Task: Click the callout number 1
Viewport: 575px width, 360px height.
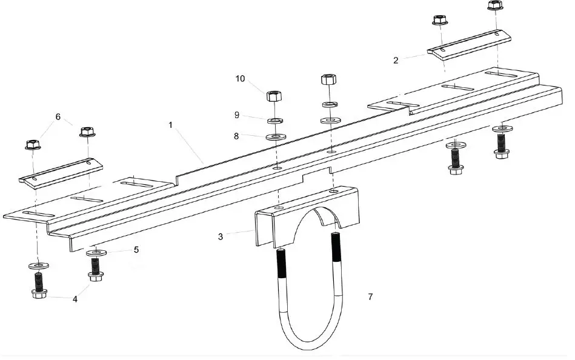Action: [171, 125]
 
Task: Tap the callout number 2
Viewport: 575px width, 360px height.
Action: [396, 60]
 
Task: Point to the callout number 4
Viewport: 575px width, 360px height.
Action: [75, 299]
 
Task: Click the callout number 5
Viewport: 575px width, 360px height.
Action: [136, 249]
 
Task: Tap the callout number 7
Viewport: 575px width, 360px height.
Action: [370, 296]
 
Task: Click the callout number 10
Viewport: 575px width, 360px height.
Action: [241, 79]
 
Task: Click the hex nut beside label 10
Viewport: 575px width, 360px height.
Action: [273, 96]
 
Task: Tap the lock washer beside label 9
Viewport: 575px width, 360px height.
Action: [274, 118]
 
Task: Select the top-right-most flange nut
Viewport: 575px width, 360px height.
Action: [495, 6]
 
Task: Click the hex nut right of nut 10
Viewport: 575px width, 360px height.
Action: [328, 79]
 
